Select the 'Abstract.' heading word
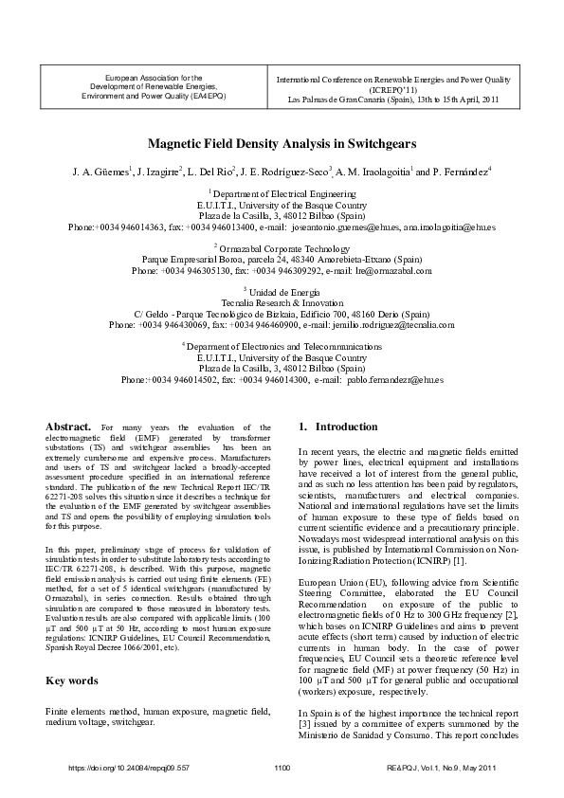(68, 427)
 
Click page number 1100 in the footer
(282, 768)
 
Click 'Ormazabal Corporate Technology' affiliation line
(283, 246)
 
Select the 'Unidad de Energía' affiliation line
(283, 291)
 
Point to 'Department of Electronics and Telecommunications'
(283, 346)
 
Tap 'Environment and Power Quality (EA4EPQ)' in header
(154, 97)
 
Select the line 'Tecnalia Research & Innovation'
(282, 302)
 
